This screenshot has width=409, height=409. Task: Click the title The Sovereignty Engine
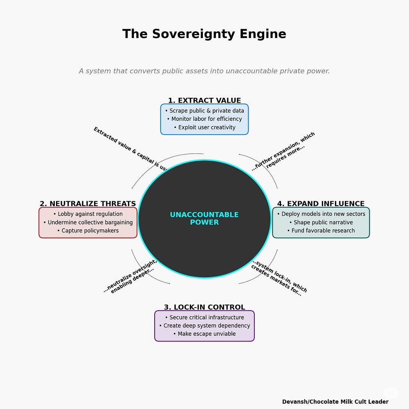(x=204, y=34)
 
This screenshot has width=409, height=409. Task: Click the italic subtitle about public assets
(x=204, y=71)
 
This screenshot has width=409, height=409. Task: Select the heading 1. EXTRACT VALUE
(x=204, y=101)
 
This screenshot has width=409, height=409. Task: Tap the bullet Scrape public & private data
(x=204, y=111)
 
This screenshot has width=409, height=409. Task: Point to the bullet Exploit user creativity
(x=204, y=127)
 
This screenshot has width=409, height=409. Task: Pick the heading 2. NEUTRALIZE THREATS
(x=88, y=204)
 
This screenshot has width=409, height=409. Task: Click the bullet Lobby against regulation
(x=88, y=214)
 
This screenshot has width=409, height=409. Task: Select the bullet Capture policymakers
(x=88, y=230)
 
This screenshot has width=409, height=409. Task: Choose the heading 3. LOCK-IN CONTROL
(x=204, y=307)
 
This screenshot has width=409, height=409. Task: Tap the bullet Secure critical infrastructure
(x=204, y=317)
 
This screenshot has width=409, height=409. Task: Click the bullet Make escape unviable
(x=204, y=334)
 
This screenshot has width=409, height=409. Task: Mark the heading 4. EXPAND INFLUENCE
(x=321, y=204)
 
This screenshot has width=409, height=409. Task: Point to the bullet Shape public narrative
(x=321, y=222)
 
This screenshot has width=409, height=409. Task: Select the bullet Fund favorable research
(x=321, y=231)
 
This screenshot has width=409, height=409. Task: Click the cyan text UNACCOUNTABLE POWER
(x=204, y=218)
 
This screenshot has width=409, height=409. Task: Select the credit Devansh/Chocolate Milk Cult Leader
(x=335, y=402)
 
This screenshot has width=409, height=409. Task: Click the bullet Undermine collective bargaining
(x=88, y=222)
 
